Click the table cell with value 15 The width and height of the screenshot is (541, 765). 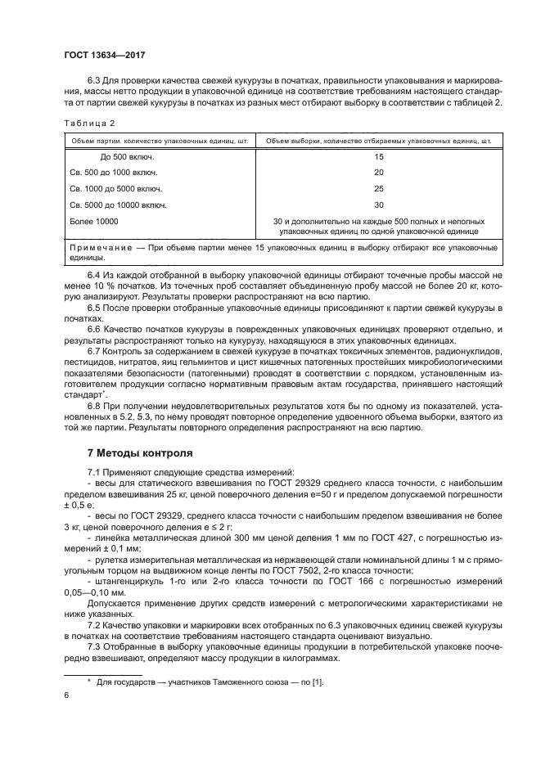point(378,156)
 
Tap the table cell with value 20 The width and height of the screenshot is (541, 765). point(378,173)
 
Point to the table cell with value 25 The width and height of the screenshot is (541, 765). point(378,189)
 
